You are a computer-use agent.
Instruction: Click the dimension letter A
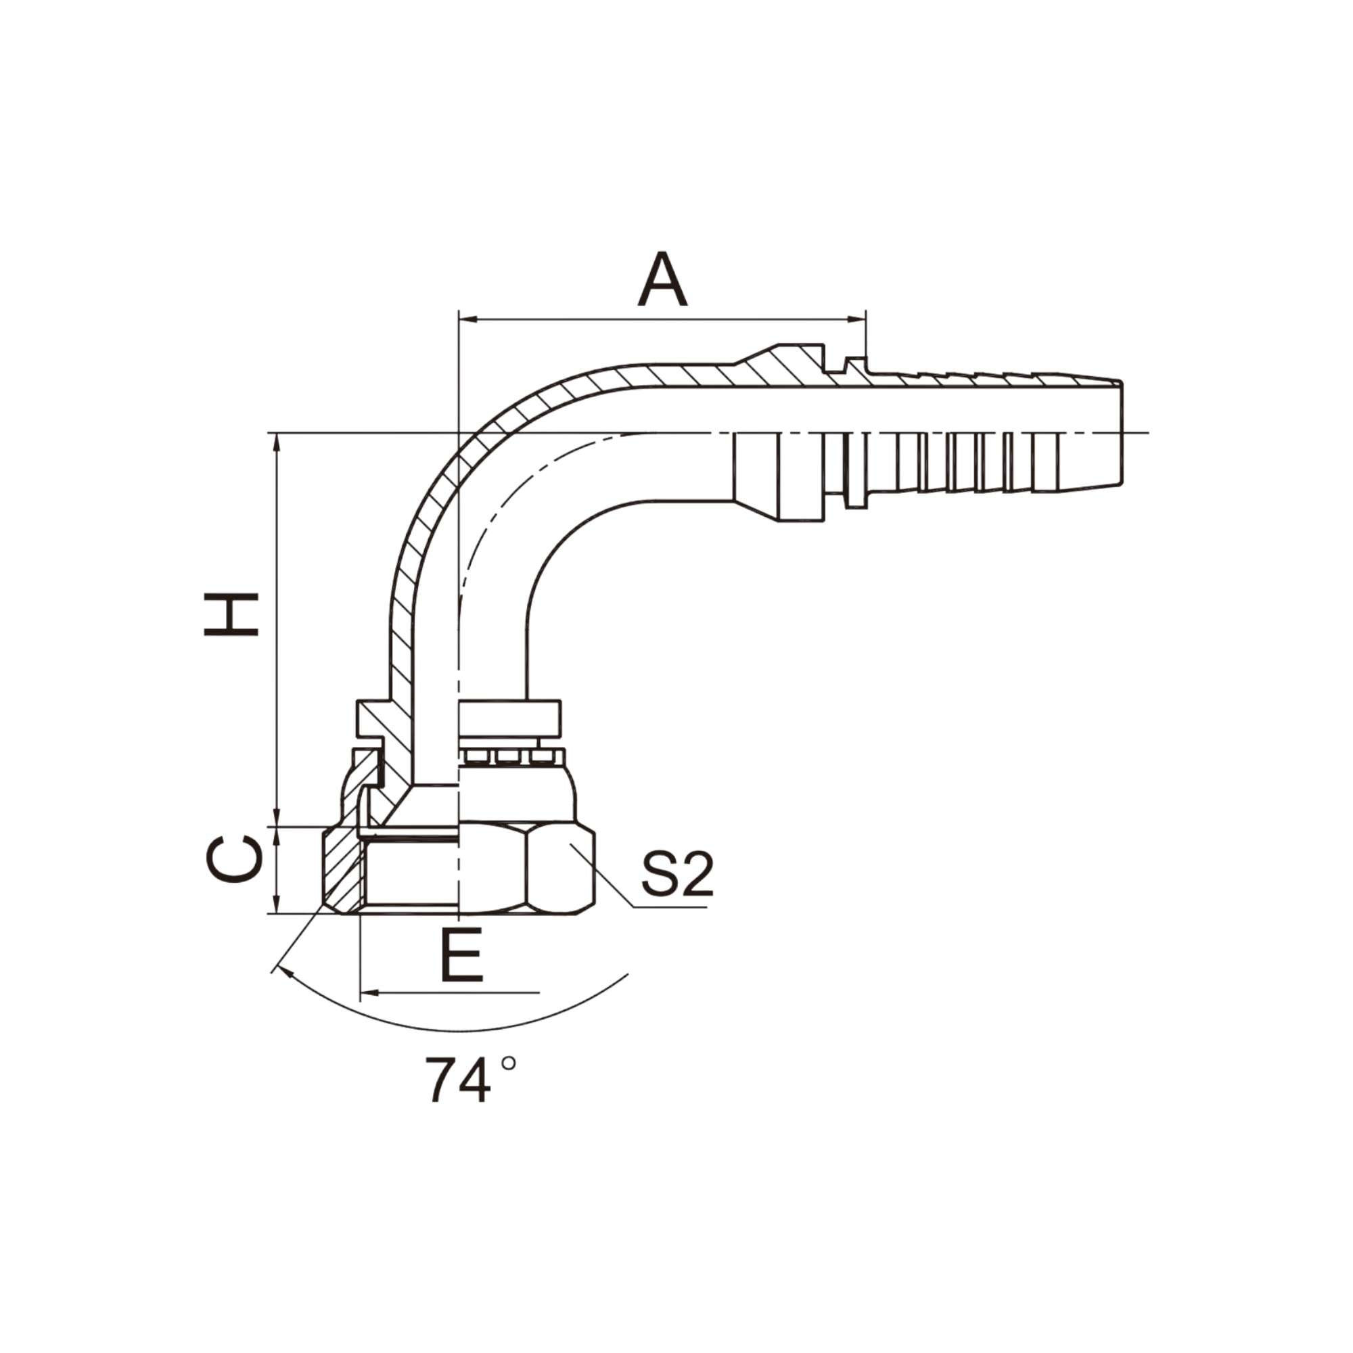click(662, 279)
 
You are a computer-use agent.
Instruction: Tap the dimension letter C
click(234, 859)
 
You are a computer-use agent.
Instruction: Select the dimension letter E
click(462, 955)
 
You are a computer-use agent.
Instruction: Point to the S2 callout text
click(677, 875)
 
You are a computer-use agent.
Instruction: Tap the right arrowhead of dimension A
click(857, 320)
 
